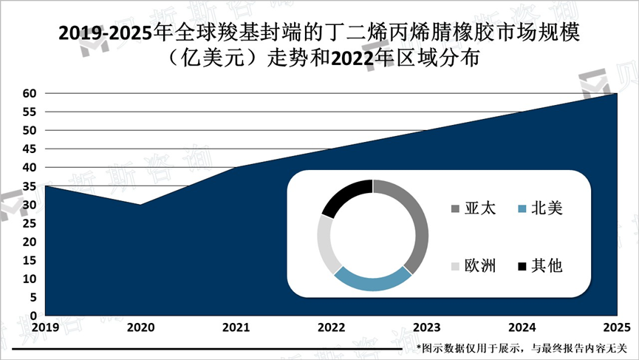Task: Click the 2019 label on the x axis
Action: [x=45, y=327]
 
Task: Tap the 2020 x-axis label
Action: [x=140, y=327]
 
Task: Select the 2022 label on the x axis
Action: [x=330, y=327]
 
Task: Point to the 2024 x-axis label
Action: [x=522, y=327]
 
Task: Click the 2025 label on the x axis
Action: [x=615, y=327]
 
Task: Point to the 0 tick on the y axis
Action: [x=33, y=316]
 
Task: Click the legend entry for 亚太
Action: [x=473, y=209]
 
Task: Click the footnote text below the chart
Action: [x=521, y=347]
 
